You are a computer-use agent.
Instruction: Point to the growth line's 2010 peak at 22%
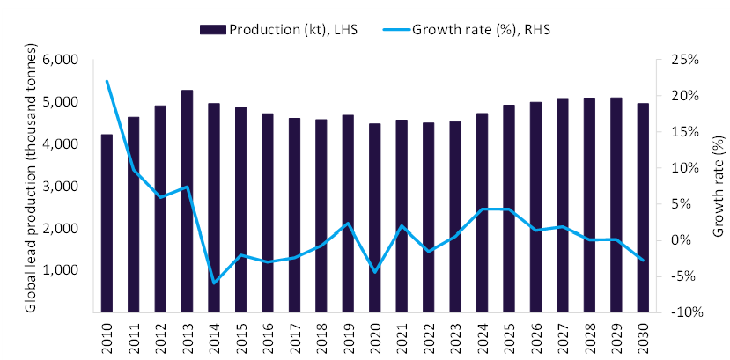click(107, 81)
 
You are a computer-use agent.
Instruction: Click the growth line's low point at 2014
click(214, 283)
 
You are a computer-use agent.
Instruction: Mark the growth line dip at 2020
click(374, 272)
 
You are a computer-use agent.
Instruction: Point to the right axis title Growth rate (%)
click(718, 186)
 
